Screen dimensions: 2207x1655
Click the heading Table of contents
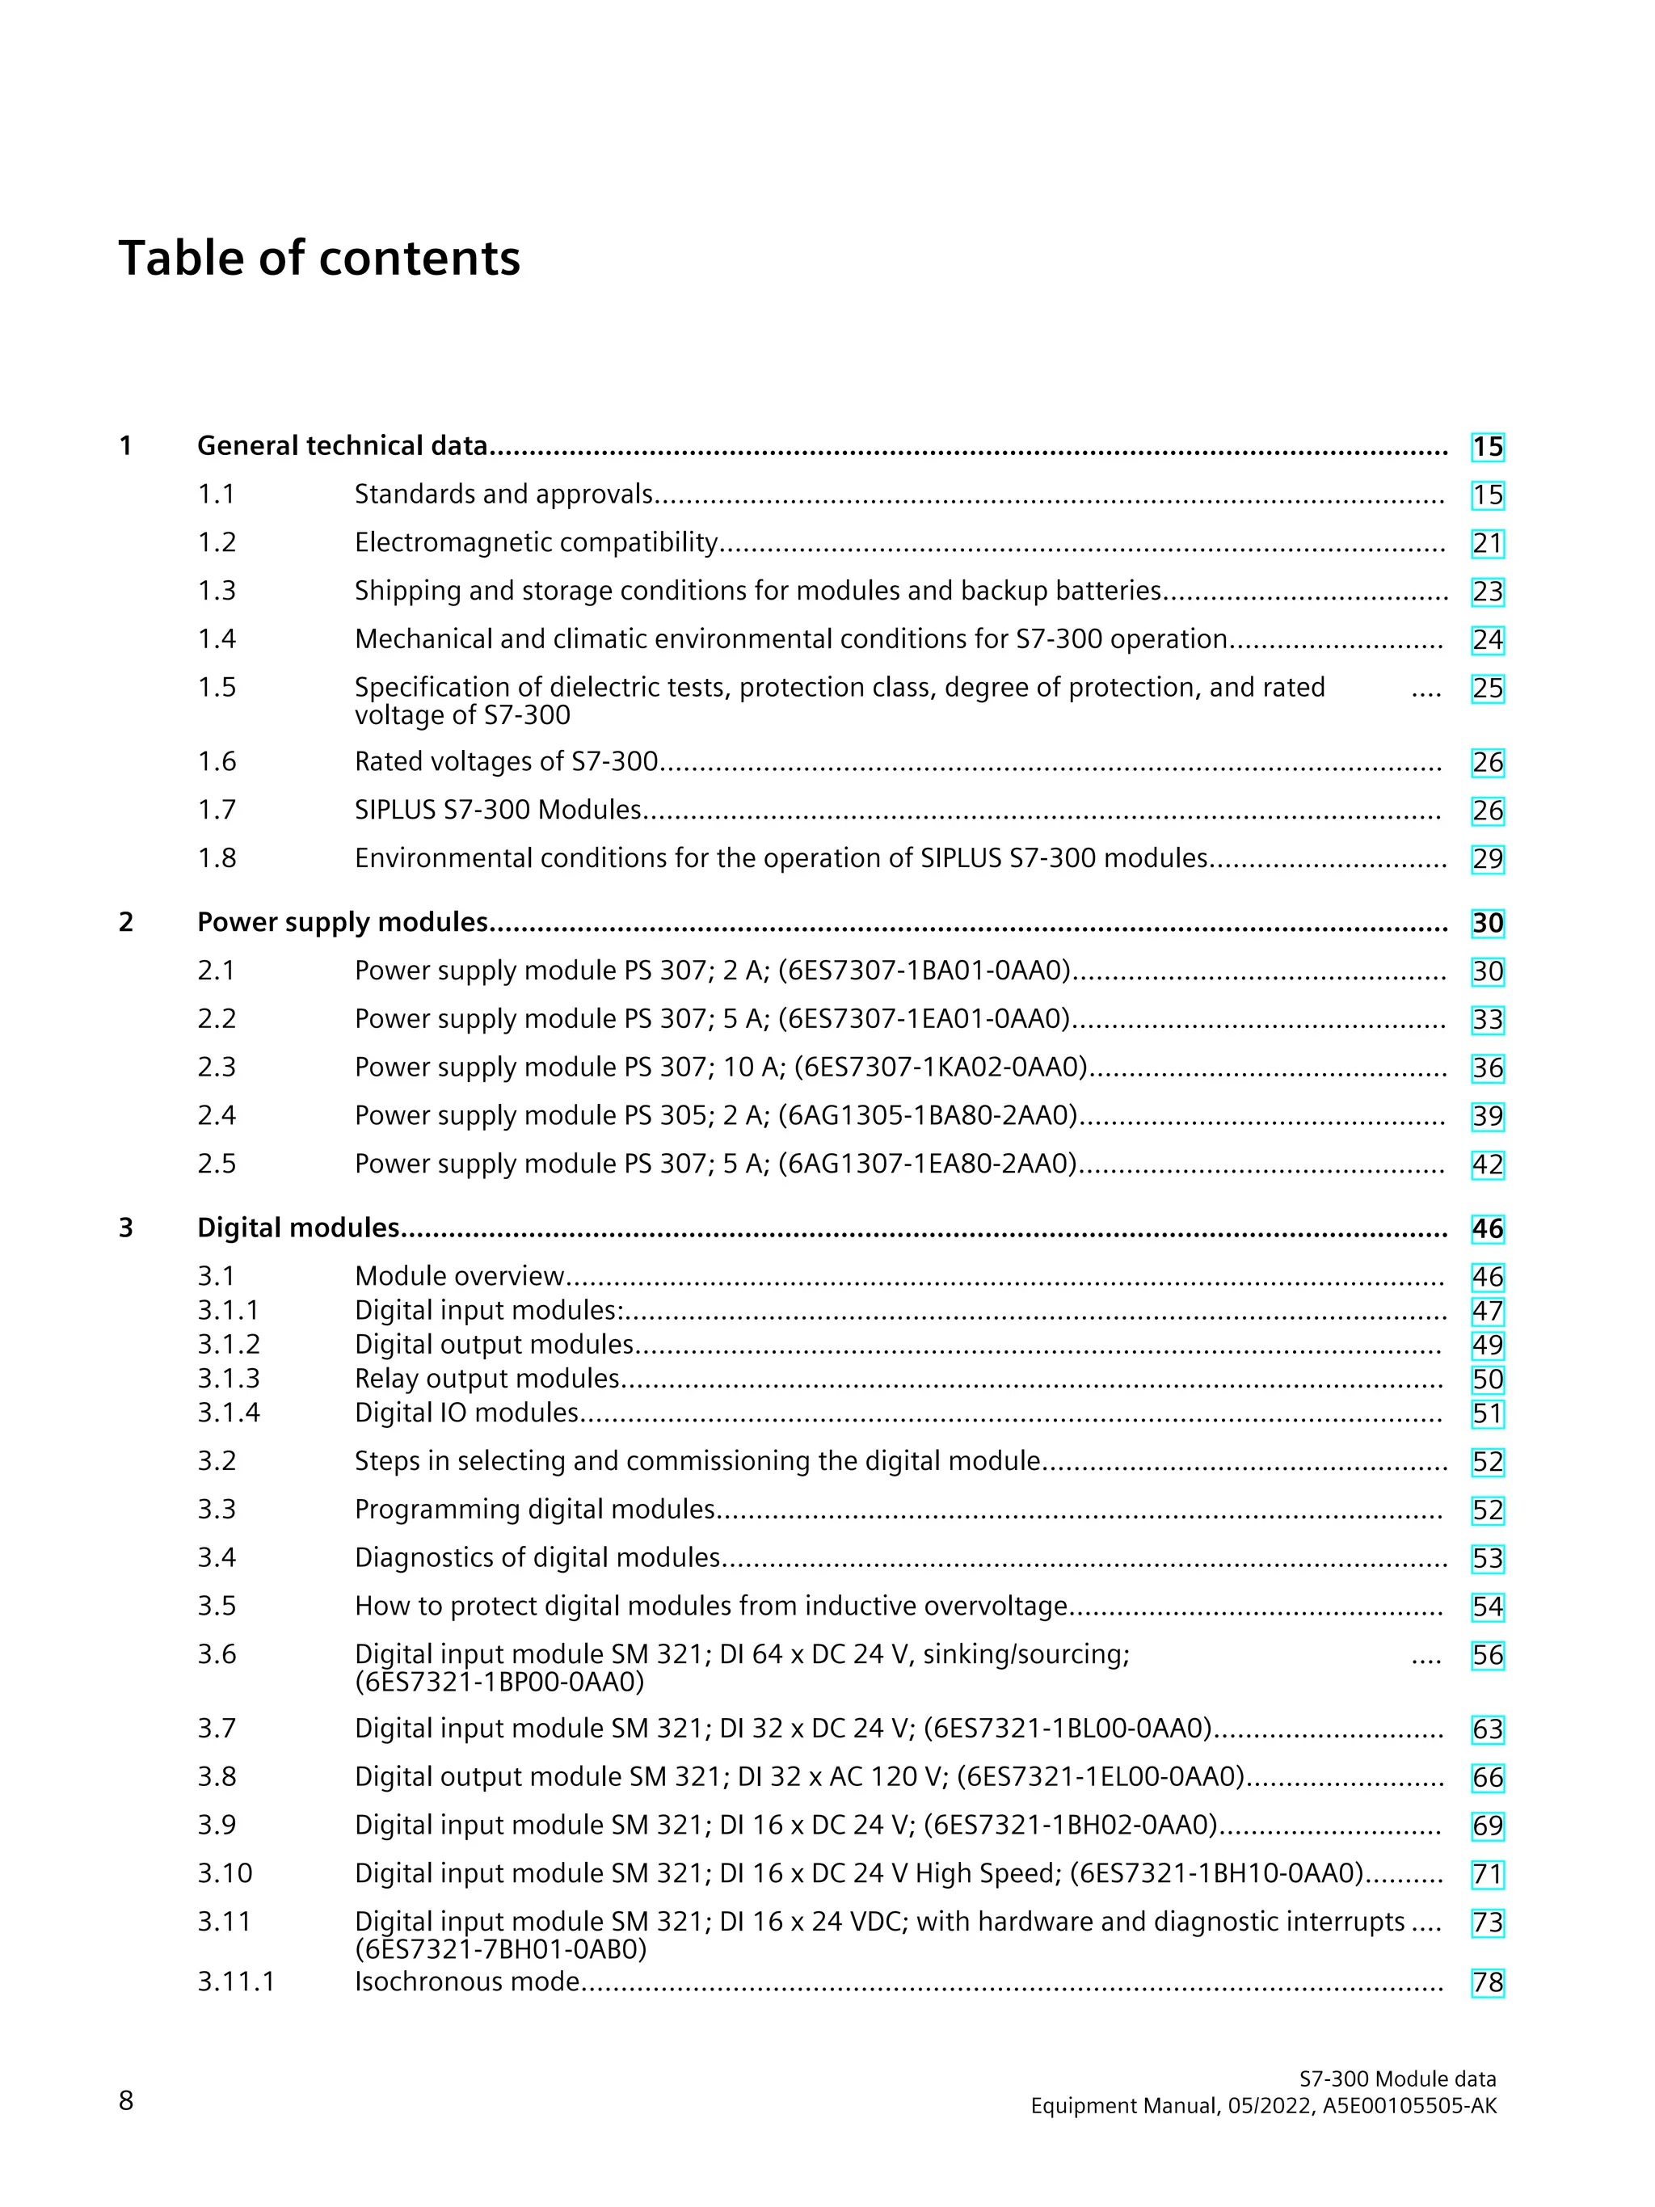[319, 259]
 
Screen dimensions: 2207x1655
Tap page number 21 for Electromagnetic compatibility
[1486, 544]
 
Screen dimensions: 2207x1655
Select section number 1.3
[217, 591]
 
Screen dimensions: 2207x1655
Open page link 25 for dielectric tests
[1486, 689]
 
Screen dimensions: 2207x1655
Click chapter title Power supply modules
[342, 922]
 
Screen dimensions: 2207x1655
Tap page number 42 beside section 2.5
[1486, 1165]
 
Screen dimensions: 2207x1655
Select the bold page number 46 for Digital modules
[1486, 1229]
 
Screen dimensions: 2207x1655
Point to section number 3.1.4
[229, 1413]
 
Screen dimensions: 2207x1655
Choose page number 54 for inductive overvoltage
[1486, 1607]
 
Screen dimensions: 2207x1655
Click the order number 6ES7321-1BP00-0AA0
[499, 1683]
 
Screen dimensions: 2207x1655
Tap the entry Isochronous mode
[467, 1982]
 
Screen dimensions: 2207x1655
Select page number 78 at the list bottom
[1486, 1982]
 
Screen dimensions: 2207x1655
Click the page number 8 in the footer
[126, 2100]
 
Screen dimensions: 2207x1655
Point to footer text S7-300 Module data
[1396, 2079]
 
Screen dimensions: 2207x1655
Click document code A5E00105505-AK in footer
[1409, 2105]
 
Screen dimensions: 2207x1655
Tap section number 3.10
[225, 1872]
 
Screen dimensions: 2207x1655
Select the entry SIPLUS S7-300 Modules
[498, 809]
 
